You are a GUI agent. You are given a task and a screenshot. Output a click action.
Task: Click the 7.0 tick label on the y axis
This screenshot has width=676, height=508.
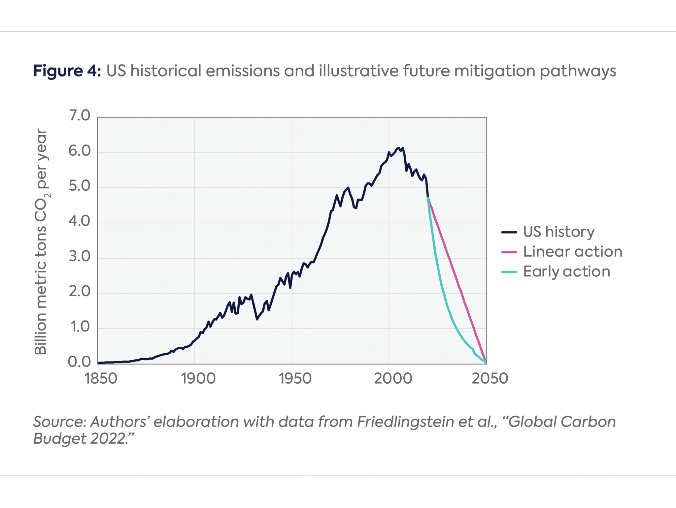click(79, 116)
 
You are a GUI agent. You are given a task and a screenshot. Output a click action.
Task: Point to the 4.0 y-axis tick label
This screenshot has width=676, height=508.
click(79, 221)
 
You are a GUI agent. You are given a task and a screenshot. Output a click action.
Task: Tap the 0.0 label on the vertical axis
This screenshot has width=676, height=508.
click(79, 362)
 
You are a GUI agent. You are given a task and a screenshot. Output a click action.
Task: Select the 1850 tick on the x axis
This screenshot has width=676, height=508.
click(101, 378)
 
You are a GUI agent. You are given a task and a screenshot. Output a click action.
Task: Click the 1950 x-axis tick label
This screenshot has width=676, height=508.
click(295, 378)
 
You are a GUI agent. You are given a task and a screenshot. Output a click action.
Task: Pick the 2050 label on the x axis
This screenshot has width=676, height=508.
click(490, 378)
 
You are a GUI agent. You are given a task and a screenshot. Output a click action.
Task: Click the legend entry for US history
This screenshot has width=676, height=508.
click(558, 232)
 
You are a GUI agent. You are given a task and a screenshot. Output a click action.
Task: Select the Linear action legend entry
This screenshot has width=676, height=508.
click(572, 252)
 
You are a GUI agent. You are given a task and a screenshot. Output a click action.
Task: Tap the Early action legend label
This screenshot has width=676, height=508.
click(566, 271)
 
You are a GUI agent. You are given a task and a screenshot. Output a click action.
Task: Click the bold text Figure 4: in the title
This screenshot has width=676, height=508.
click(67, 71)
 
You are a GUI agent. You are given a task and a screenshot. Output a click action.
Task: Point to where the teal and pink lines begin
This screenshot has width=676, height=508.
click(428, 198)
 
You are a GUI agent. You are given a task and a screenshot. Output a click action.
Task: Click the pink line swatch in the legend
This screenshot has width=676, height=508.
click(509, 252)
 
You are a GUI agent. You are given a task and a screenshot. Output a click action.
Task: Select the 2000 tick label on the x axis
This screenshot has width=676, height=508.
click(393, 378)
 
